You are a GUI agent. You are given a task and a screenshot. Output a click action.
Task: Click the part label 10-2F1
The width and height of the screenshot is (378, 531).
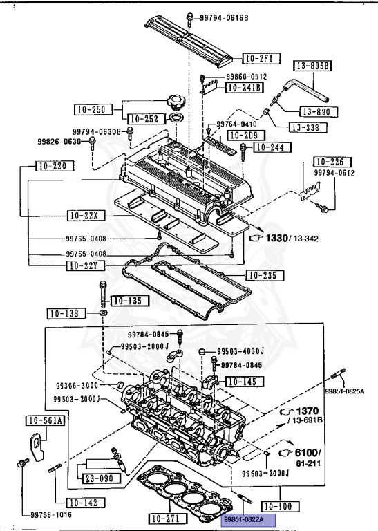(x=261, y=57)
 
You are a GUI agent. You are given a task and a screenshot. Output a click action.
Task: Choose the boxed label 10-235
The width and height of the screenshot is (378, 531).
(x=265, y=276)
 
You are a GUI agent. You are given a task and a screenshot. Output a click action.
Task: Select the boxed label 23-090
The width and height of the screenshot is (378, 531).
(x=100, y=478)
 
